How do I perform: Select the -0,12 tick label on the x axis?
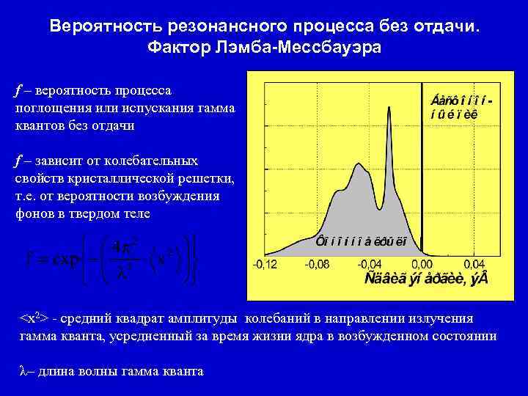[x=265, y=264]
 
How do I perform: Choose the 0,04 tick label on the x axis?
[x=474, y=264]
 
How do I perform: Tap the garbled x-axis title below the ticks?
[x=426, y=280]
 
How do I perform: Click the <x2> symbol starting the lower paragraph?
[x=34, y=320]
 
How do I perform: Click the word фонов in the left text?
[x=34, y=213]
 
